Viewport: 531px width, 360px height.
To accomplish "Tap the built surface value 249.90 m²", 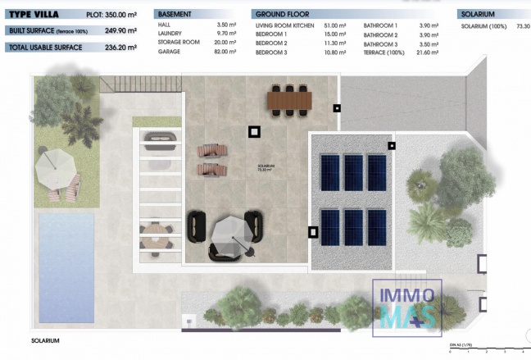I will [x=120, y=30].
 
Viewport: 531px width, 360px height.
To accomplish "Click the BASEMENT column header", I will [x=175, y=15].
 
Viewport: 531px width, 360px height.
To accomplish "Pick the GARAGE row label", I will [x=170, y=51].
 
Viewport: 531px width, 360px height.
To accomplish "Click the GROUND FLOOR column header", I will [x=283, y=15].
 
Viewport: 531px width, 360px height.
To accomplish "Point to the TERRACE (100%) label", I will [x=383, y=51].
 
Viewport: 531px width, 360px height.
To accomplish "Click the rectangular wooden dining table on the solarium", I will [x=290, y=99].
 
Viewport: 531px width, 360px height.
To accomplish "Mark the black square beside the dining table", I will [x=337, y=107].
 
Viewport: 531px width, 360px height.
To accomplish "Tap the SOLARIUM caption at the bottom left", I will [x=46, y=340].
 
